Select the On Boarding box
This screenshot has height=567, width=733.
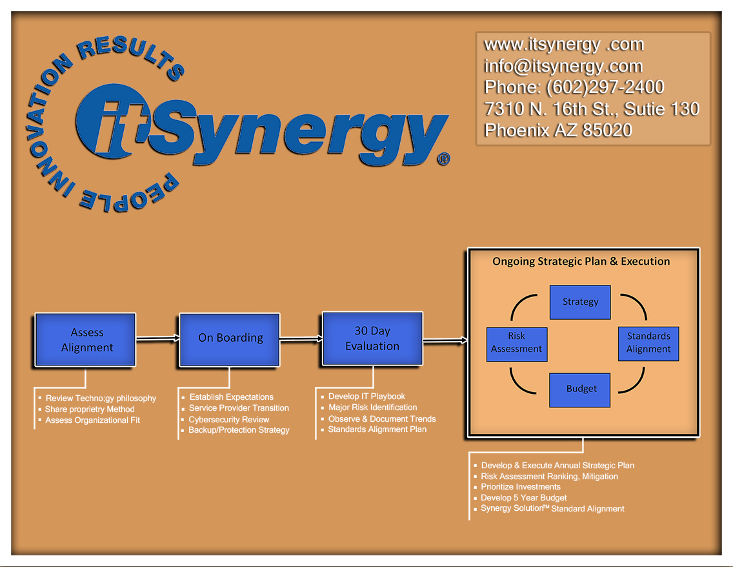230,338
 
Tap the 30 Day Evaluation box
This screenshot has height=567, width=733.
372,338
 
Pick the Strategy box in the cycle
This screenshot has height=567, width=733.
580,302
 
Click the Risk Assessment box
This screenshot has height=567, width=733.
516,343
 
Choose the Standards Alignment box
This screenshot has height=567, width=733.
648,343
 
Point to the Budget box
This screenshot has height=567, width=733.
580,389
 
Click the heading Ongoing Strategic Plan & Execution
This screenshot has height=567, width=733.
581,262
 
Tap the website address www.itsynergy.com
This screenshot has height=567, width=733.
563,45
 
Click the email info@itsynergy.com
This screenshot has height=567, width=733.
563,66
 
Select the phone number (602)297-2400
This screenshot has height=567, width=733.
605,87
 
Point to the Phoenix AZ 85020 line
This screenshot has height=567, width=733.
557,130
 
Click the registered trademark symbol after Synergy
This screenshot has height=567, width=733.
443,159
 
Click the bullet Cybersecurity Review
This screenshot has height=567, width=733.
228,419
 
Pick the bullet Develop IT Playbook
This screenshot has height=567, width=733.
366,397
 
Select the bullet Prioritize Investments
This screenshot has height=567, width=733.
520,487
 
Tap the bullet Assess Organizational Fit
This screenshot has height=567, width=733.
92,420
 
